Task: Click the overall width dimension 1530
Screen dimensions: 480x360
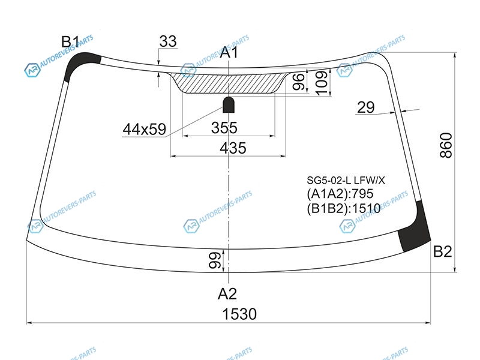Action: (239, 314)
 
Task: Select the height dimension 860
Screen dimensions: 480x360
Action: (446, 145)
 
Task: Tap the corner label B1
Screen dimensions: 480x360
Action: (70, 41)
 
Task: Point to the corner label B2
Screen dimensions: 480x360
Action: (443, 251)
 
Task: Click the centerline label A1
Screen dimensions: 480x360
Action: (229, 52)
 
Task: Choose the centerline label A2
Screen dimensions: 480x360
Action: (227, 294)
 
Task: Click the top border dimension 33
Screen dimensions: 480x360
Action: (168, 41)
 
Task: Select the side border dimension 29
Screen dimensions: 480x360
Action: (366, 107)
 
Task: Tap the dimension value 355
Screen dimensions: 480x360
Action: (224, 128)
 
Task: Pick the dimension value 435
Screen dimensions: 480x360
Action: (233, 148)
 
